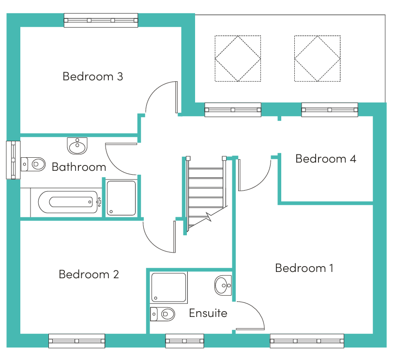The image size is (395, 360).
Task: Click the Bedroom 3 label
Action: (x=93, y=76)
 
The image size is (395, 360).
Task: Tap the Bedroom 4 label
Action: (x=326, y=159)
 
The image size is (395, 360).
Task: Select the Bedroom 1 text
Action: (x=304, y=268)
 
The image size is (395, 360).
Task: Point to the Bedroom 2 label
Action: (x=89, y=274)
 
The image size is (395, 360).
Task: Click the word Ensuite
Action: (x=208, y=313)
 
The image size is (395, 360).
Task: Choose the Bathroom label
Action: (x=79, y=167)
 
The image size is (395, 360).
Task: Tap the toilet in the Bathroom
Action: (x=33, y=164)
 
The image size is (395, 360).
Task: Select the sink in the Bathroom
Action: (x=77, y=146)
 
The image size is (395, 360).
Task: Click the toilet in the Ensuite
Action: (x=163, y=314)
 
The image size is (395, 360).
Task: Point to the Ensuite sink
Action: (x=223, y=285)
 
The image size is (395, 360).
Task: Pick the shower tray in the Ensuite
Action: (x=169, y=287)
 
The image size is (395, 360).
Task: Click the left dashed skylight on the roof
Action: (x=238, y=59)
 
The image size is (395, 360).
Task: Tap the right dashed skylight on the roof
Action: (x=318, y=59)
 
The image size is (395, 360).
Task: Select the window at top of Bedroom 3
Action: (x=101, y=20)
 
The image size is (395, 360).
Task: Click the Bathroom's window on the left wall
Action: (x=13, y=160)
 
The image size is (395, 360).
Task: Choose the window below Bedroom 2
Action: (x=76, y=341)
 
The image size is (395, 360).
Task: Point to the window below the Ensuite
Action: (x=184, y=341)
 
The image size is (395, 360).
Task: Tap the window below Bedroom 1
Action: (x=307, y=341)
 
